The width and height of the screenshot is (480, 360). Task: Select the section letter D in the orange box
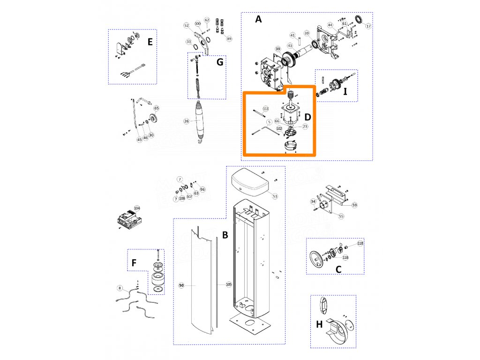[307, 115]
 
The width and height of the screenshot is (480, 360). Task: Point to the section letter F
[134, 262]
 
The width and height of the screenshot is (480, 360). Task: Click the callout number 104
[137, 208]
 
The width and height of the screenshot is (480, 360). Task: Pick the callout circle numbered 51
[275, 196]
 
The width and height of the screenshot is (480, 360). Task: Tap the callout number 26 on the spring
[186, 121]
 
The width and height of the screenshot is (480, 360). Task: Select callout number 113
[266, 109]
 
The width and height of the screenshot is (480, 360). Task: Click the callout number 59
[354, 205]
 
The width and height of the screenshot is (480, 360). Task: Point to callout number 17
[368, 26]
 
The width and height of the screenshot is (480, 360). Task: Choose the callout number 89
[229, 38]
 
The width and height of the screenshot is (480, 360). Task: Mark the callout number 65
[157, 108]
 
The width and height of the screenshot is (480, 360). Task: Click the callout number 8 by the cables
[120, 288]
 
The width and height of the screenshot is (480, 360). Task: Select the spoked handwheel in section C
[318, 259]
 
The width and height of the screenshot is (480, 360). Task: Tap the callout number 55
[341, 216]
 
